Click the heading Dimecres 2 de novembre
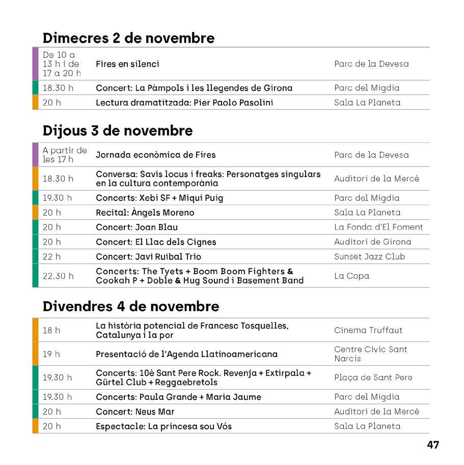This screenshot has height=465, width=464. [128, 38]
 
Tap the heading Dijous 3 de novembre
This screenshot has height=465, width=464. [118, 131]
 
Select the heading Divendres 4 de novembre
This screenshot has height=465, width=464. [131, 306]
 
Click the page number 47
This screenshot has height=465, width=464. [432, 445]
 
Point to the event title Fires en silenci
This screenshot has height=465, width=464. [127, 64]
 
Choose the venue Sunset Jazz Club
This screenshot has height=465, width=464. [369, 256]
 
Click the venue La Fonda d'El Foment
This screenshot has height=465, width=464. [378, 227]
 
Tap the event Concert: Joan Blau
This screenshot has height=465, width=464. [137, 227]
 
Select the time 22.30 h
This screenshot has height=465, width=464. [58, 276]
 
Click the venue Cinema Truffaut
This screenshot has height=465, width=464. [368, 330]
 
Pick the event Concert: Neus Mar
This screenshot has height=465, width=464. [135, 411]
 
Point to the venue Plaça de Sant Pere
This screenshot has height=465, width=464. [373, 377]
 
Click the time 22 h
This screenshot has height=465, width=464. [51, 256]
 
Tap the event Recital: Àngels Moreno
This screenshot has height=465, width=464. [145, 213]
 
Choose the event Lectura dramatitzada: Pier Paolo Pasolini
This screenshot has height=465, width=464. [184, 102]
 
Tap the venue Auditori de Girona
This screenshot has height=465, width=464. [372, 242]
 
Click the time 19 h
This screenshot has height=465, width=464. [51, 354]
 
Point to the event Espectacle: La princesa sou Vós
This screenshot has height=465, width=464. [163, 426]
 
